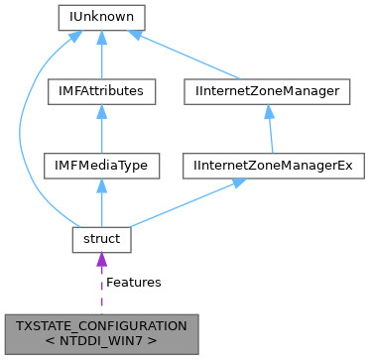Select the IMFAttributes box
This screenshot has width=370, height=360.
tap(102, 91)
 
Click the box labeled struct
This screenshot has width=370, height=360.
tap(102, 240)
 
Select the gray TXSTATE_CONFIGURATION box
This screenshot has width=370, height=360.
tap(101, 330)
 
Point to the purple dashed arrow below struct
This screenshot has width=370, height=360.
tap(102, 288)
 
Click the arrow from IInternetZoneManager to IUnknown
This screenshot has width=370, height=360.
tap(188, 57)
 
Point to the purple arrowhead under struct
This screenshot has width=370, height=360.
tap(102, 261)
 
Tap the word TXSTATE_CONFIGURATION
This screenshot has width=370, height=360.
tap(101, 323)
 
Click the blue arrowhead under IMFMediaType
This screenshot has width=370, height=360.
tap(102, 186)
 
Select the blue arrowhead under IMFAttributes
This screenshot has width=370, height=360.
tap(102, 112)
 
